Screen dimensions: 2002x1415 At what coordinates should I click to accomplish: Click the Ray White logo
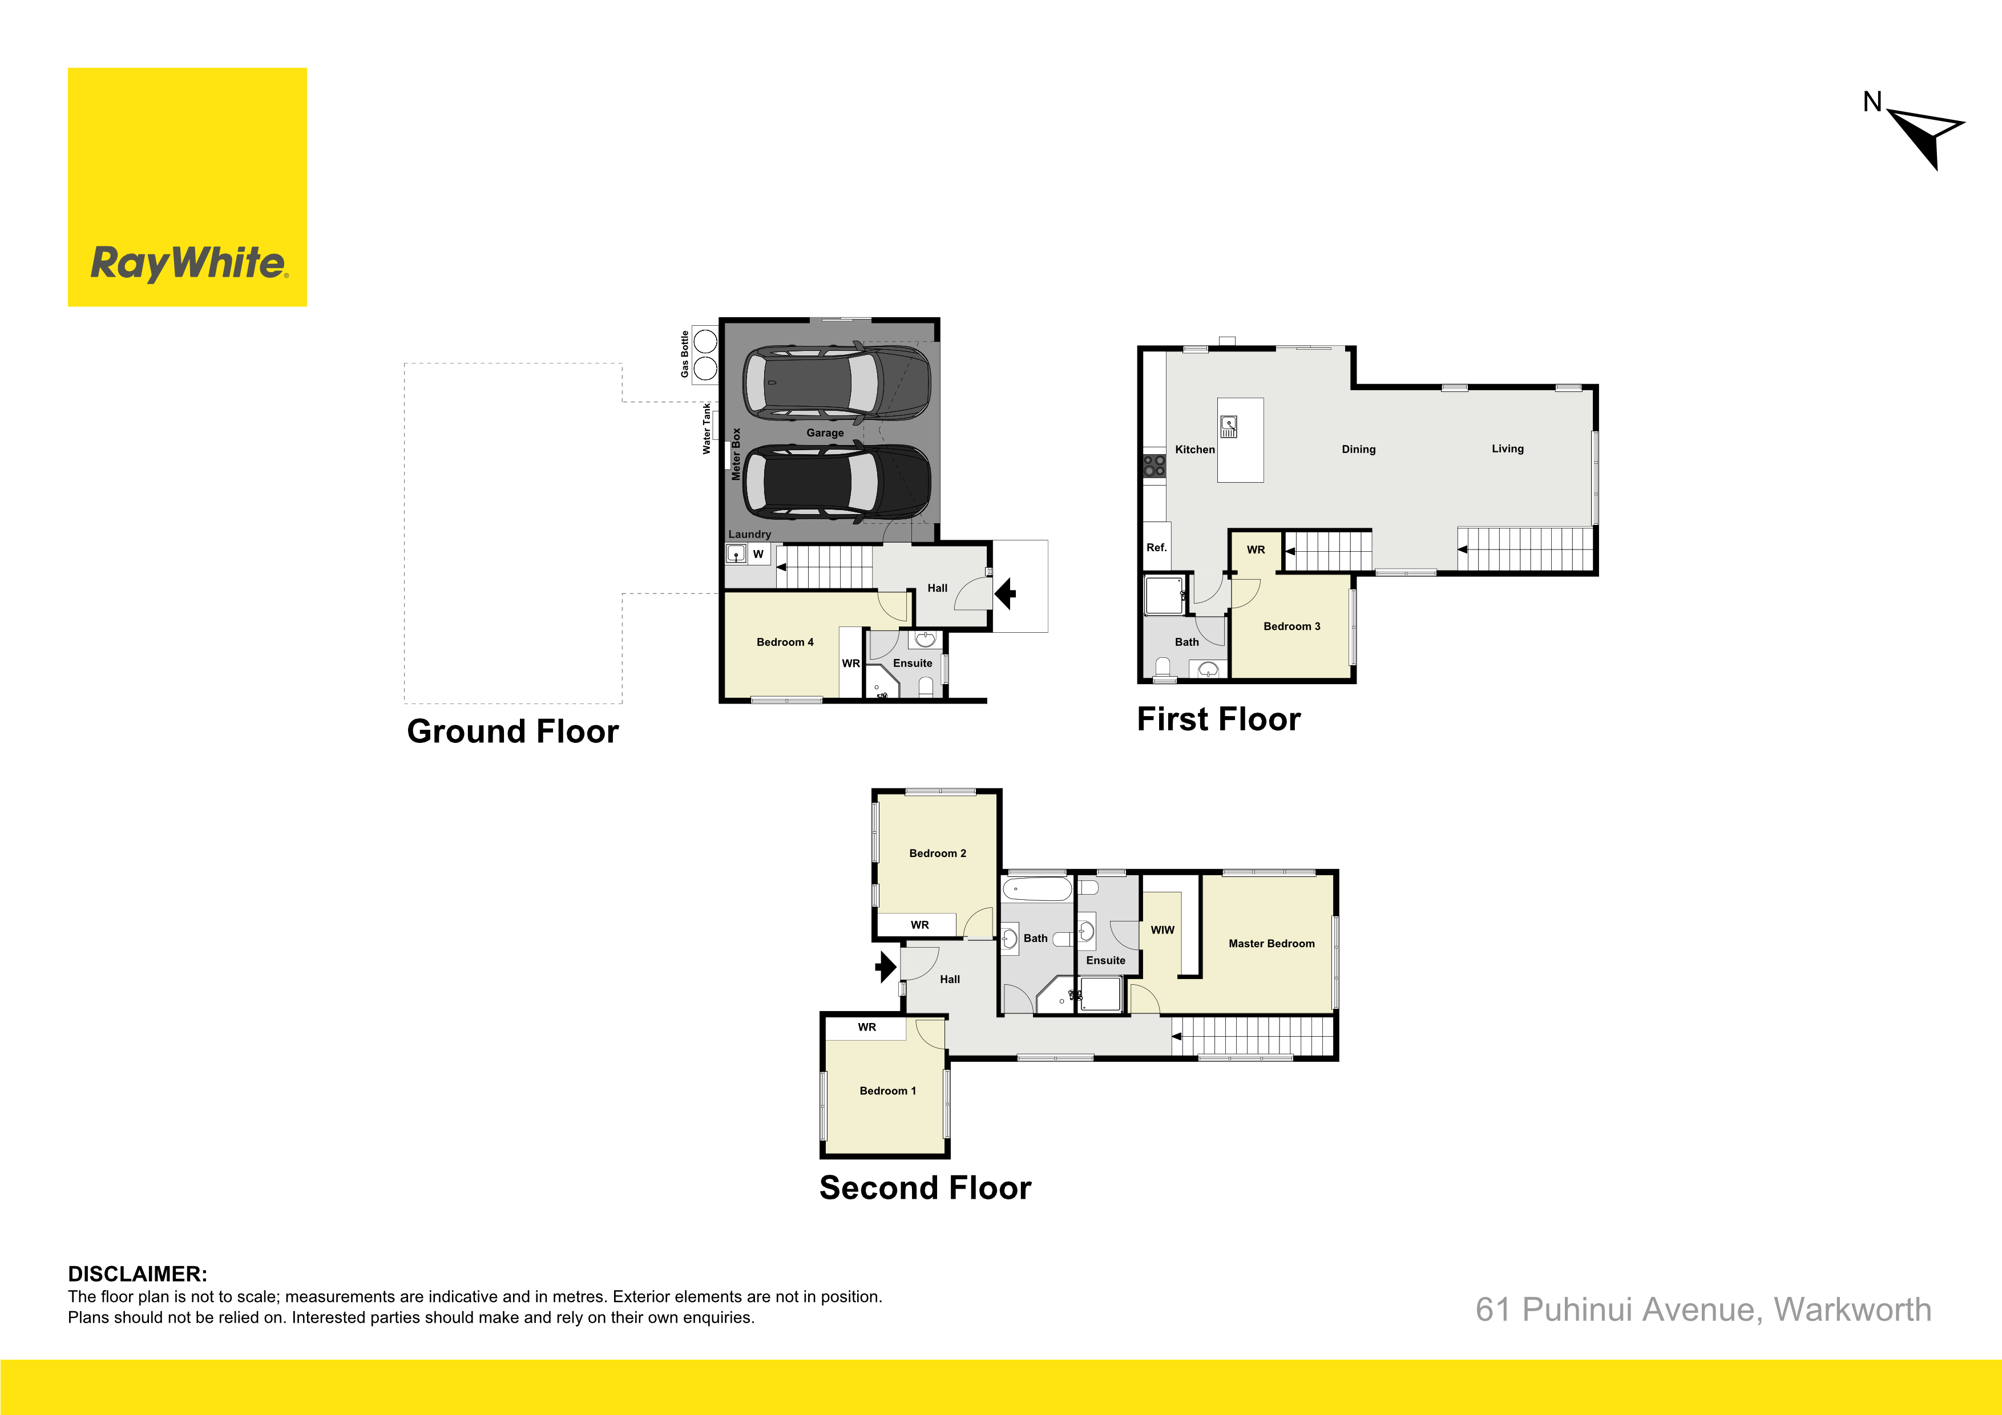click(x=187, y=188)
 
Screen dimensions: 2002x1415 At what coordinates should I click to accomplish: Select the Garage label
click(x=825, y=432)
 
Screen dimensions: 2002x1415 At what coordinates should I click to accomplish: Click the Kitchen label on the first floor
click(x=1194, y=449)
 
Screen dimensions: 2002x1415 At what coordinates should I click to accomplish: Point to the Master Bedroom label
click(x=1272, y=943)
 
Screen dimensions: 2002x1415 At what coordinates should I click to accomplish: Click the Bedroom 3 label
click(x=1291, y=626)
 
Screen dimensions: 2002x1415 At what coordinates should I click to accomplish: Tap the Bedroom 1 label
click(x=887, y=1091)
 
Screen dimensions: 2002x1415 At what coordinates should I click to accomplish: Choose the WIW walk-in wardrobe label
click(x=1163, y=930)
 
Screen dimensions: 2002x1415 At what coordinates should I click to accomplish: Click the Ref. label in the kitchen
click(x=1156, y=548)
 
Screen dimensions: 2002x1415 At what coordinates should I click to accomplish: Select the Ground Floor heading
click(x=512, y=731)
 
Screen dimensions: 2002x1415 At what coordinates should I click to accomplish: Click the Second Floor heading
click(x=925, y=1187)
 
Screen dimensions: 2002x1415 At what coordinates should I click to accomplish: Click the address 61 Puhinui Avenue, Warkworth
click(x=1703, y=1309)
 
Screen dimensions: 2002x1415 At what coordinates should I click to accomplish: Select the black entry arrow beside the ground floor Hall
click(x=1006, y=594)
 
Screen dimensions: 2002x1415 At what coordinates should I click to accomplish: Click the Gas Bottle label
click(x=684, y=354)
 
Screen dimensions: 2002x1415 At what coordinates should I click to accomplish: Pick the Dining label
click(x=1358, y=449)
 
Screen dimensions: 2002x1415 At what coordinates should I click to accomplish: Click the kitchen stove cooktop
click(x=1155, y=466)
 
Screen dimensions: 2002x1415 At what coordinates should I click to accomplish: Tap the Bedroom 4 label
click(x=785, y=642)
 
